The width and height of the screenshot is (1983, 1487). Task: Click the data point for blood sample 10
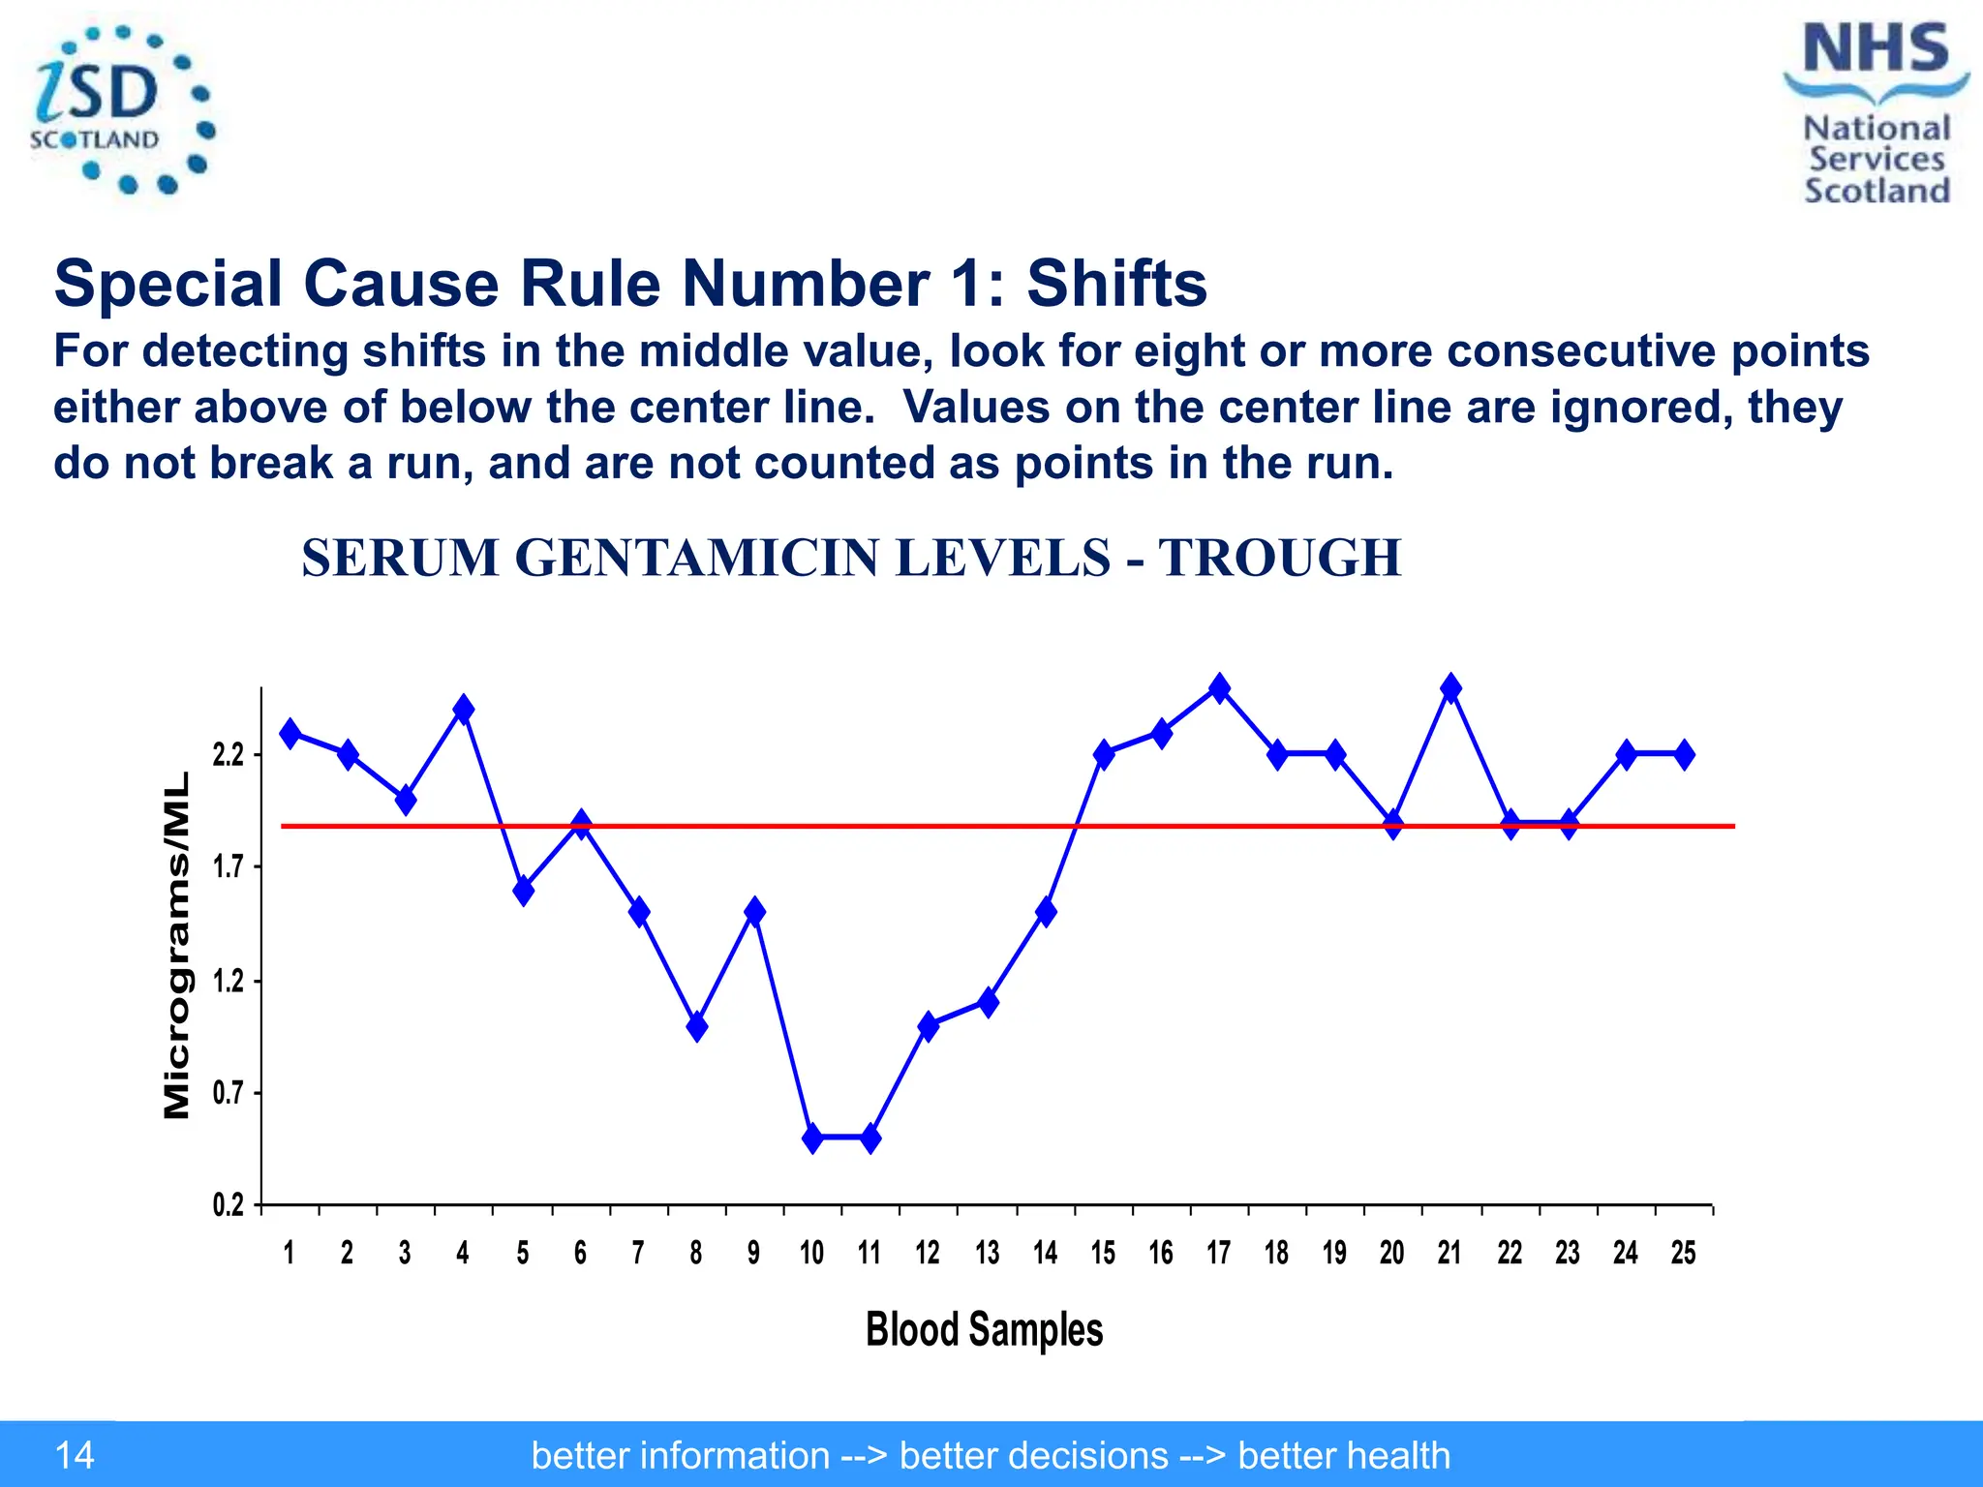point(812,1138)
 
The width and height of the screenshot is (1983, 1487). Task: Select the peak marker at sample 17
point(1219,688)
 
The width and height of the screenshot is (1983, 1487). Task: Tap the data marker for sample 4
point(464,710)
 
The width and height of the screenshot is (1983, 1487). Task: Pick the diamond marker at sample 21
point(1450,688)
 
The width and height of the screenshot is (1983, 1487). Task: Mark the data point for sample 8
point(696,1026)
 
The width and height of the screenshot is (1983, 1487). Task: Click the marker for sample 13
point(988,1002)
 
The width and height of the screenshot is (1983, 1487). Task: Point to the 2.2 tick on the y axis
point(229,754)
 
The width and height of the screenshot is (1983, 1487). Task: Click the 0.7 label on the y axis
point(229,1093)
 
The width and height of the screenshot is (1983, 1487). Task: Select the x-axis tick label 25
point(1684,1253)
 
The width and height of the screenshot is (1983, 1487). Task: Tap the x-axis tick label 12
point(928,1253)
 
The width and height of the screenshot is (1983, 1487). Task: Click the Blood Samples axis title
point(984,1329)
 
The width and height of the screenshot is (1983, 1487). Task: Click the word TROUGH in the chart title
point(1280,559)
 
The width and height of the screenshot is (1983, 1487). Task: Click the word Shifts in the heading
point(1116,284)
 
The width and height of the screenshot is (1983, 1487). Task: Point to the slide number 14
point(75,1455)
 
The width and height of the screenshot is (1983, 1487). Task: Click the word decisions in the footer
point(1033,1455)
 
